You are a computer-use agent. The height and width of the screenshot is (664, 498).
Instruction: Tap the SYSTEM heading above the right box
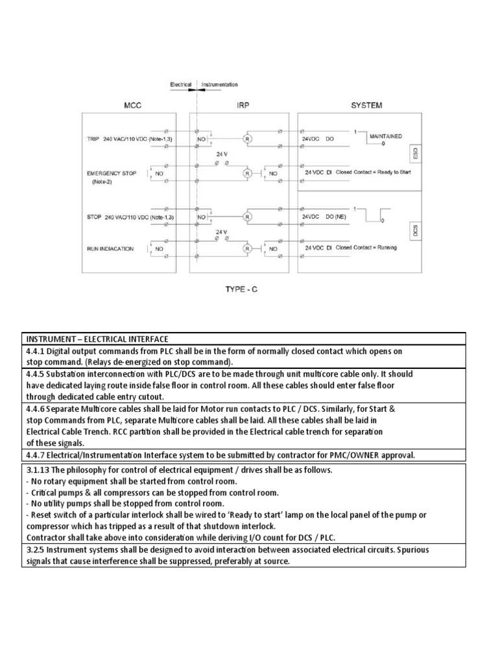pyautogui.click(x=366, y=105)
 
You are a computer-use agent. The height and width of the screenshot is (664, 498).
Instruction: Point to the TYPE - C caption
pyautogui.click(x=242, y=290)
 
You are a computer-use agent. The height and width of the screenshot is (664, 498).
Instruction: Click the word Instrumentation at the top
pyautogui.click(x=219, y=84)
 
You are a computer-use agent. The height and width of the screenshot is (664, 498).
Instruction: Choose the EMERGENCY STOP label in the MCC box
pyautogui.click(x=112, y=173)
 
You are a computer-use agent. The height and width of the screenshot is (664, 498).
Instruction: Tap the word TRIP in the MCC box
pyautogui.click(x=93, y=139)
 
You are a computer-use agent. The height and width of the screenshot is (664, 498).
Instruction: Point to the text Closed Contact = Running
pyautogui.click(x=366, y=248)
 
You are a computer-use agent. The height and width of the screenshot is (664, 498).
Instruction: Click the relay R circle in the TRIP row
pyautogui.click(x=247, y=139)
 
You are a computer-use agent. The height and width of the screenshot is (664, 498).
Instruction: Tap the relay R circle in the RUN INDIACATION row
pyautogui.click(x=247, y=248)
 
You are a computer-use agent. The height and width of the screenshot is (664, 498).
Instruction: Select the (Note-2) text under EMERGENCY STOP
pyautogui.click(x=102, y=183)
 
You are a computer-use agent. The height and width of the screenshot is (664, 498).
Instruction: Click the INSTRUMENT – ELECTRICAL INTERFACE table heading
pyautogui.click(x=97, y=339)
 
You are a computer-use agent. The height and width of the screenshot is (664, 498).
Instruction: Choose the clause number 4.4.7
pyautogui.click(x=36, y=456)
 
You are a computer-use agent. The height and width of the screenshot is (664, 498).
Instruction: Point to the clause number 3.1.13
pyautogui.click(x=38, y=470)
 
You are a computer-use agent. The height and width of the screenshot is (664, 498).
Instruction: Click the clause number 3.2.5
pyautogui.click(x=36, y=550)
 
